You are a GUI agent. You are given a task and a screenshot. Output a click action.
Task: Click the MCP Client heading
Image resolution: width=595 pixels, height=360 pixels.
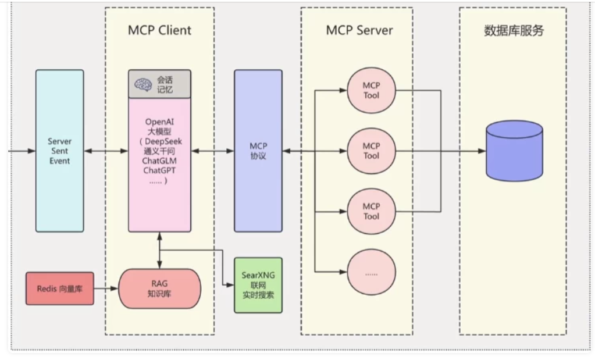coord(159,31)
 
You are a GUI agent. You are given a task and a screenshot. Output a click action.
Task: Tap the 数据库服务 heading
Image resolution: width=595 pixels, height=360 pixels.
coord(514,31)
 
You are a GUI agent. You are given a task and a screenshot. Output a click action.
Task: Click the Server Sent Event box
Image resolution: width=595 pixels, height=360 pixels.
coord(59,151)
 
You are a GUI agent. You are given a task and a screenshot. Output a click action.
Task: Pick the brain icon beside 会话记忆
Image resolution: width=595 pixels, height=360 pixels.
coord(143,84)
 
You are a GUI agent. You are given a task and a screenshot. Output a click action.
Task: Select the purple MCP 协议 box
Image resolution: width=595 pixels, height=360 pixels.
coord(258,151)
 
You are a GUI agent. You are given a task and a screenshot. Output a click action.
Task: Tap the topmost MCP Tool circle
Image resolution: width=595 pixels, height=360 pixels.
coord(371,90)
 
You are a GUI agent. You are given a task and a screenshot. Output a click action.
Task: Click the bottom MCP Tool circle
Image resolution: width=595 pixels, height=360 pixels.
coord(371,211)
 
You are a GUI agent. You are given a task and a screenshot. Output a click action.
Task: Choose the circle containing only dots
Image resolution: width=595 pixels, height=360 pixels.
coord(371,272)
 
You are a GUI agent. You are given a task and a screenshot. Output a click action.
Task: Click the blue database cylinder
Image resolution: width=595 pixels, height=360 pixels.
coord(514,151)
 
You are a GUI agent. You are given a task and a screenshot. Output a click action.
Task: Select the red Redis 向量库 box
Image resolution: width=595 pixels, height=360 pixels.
coord(59,288)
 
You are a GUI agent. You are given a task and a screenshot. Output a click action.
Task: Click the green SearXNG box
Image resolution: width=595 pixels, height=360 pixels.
coord(258,285)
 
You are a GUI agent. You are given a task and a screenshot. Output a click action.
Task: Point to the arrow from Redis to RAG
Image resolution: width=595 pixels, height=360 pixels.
coord(106,288)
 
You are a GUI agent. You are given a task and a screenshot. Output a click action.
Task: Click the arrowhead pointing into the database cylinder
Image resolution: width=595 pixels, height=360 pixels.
coord(482,151)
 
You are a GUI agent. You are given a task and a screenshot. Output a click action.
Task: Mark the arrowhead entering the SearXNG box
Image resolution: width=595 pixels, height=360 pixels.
coord(231,285)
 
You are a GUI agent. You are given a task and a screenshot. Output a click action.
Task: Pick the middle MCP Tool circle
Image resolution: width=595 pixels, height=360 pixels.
coord(371,151)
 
